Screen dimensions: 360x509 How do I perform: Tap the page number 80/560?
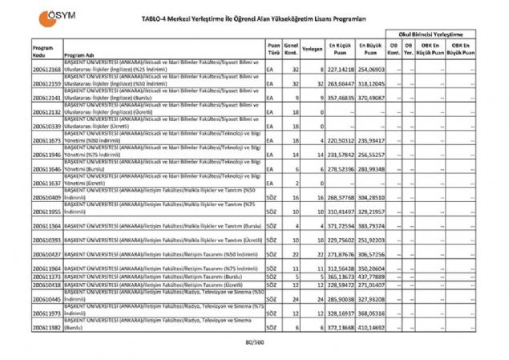point(254,343)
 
